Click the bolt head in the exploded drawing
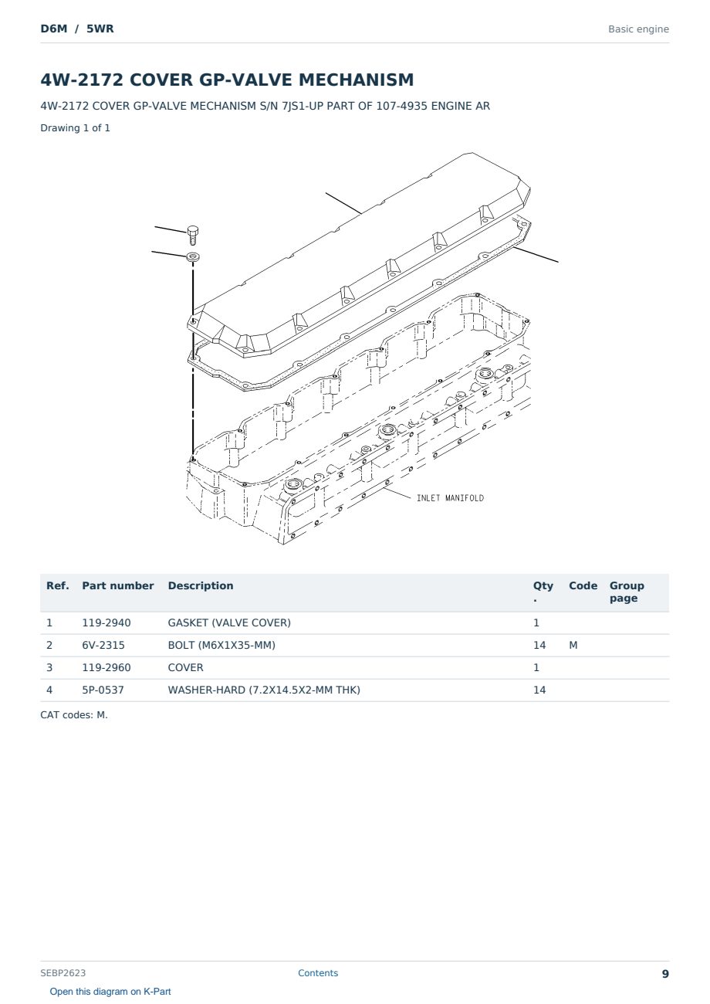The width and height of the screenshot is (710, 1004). click(x=193, y=231)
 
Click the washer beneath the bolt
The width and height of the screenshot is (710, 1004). click(x=193, y=257)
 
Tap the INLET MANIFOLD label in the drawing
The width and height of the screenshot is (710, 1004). click(x=450, y=498)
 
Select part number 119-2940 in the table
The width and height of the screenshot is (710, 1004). click(x=106, y=622)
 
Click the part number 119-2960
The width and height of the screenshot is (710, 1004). click(x=106, y=667)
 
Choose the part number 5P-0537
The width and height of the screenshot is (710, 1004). click(x=103, y=690)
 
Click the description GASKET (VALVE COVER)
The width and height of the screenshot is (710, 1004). click(x=229, y=622)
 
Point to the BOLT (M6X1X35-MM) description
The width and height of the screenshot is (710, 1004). click(x=221, y=645)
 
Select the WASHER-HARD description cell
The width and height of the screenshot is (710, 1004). click(x=264, y=690)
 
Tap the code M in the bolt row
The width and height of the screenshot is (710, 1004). click(x=573, y=645)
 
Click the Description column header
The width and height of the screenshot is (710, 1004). click(x=201, y=586)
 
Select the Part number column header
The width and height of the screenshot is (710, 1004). click(x=118, y=586)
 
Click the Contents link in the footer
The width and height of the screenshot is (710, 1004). click(x=318, y=973)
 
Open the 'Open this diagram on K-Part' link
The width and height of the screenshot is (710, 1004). click(x=110, y=992)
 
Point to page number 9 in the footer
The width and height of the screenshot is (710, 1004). click(x=665, y=974)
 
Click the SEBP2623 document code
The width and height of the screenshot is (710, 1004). click(x=63, y=973)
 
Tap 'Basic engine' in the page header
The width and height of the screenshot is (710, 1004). click(x=638, y=29)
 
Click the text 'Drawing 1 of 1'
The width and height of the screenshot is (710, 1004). click(x=76, y=128)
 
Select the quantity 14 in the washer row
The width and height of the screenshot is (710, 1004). click(x=539, y=690)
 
